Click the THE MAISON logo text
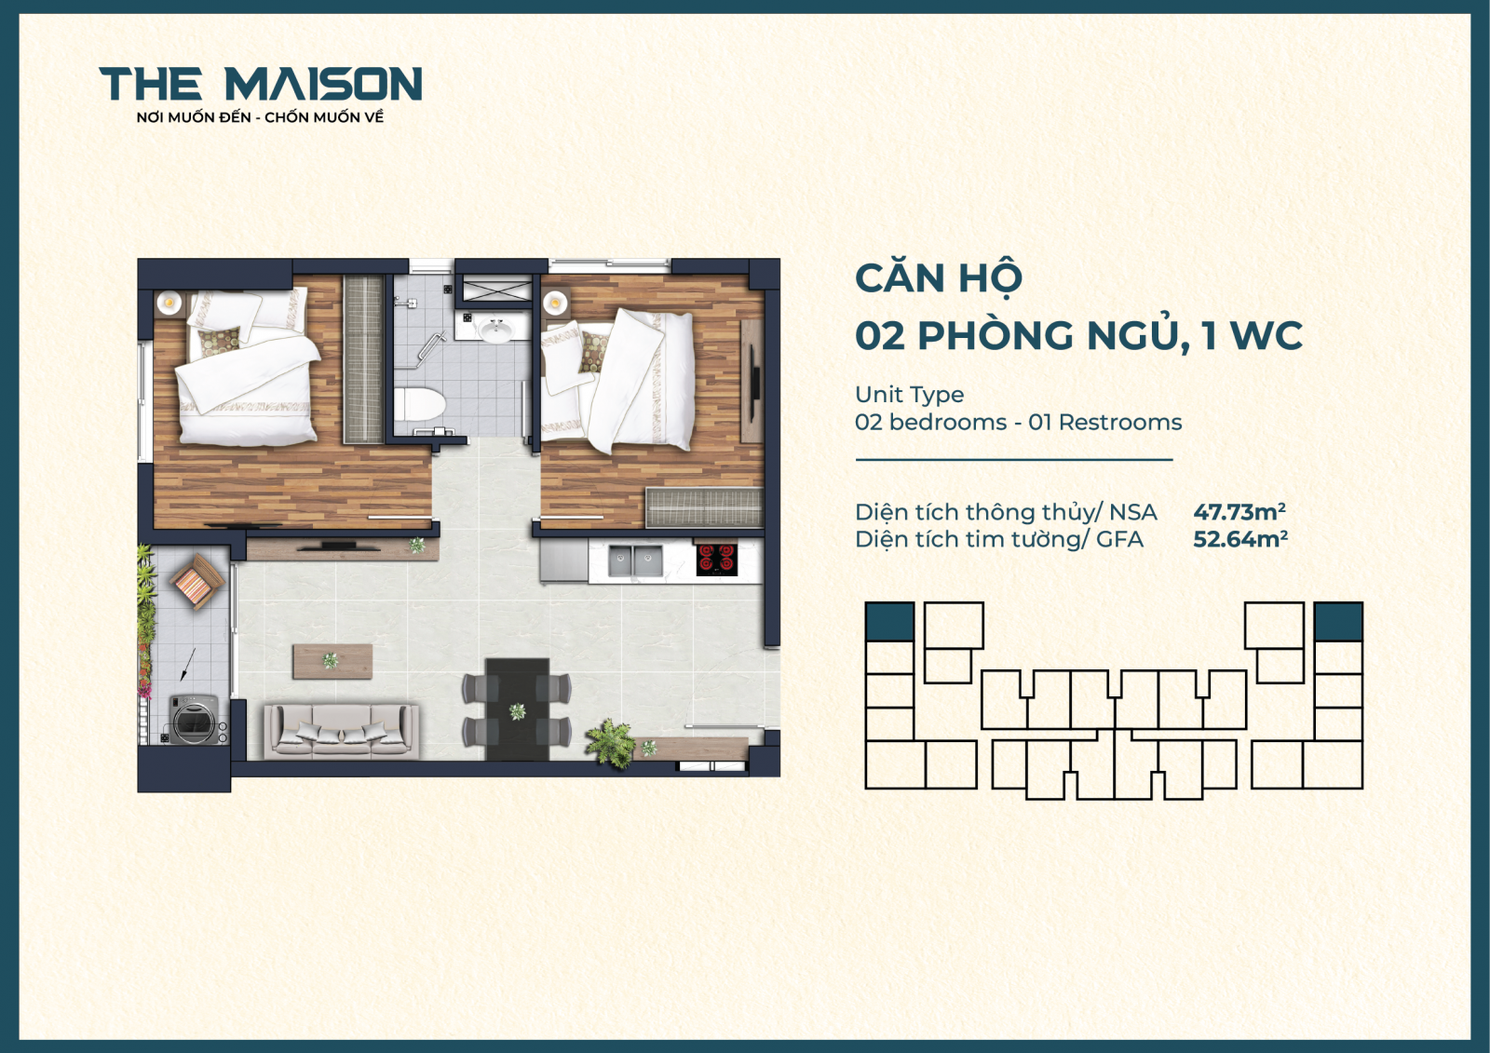coord(260,84)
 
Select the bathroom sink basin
coord(495,331)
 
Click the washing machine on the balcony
coord(195,720)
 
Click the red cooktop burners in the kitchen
coord(716,559)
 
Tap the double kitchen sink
coord(635,560)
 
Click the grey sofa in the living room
coord(341,730)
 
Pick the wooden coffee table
coord(332,661)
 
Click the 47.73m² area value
coord(1239,512)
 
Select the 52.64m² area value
coord(1240,539)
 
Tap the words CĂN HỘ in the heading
coord(939,278)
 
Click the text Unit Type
coord(909,395)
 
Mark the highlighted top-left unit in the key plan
coord(889,621)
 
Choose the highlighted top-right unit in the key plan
coord(1338,621)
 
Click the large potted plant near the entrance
coord(611,742)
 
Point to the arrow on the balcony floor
coord(187,663)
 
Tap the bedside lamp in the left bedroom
coord(169,302)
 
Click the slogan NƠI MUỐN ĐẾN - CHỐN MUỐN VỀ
coord(260,117)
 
